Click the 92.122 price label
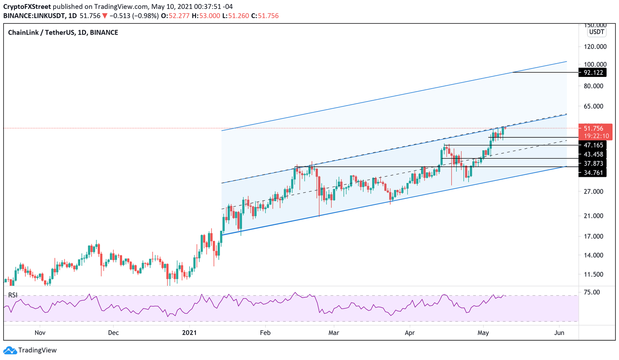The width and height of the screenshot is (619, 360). click(x=593, y=72)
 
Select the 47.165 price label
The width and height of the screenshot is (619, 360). click(x=593, y=145)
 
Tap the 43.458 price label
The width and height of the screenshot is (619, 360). click(x=593, y=154)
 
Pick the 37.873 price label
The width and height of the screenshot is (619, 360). click(x=593, y=163)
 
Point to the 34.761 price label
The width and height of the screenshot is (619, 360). click(x=593, y=173)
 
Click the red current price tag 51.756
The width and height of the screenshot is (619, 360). click(x=595, y=128)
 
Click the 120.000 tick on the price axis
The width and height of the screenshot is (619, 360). click(x=595, y=47)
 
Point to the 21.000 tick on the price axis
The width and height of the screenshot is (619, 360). click(x=593, y=216)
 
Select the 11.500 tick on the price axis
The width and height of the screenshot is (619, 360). click(x=593, y=274)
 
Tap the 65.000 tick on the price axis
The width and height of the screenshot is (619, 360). click(x=593, y=106)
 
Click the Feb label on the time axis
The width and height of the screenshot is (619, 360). click(x=265, y=333)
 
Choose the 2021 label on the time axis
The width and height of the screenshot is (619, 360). click(x=189, y=333)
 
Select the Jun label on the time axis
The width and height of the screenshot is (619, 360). click(x=559, y=333)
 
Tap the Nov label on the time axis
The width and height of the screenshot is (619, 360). click(x=40, y=333)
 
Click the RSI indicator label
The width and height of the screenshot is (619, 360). click(x=13, y=295)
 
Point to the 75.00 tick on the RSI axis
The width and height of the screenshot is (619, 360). click(x=592, y=292)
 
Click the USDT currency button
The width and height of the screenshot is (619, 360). click(x=596, y=32)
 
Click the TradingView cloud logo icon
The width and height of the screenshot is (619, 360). click(x=10, y=350)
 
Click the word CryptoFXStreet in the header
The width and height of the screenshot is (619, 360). click(x=27, y=7)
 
